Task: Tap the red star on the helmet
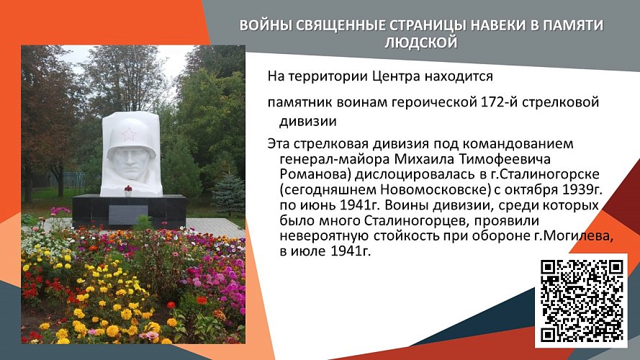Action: [x=130, y=134]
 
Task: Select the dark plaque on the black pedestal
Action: [x=128, y=214]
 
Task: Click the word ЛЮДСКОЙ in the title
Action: [x=421, y=42]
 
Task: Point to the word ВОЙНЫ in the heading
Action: [x=263, y=26]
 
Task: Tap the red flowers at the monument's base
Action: [x=129, y=191]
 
